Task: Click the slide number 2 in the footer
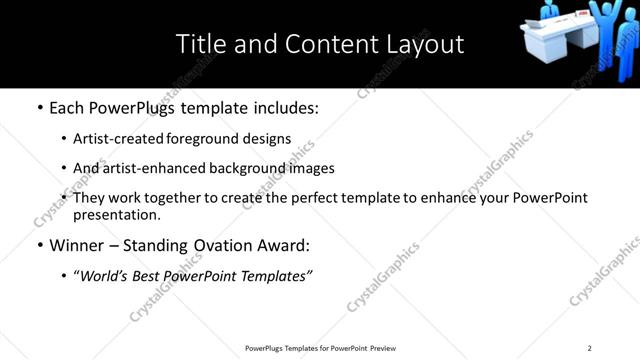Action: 589,348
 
